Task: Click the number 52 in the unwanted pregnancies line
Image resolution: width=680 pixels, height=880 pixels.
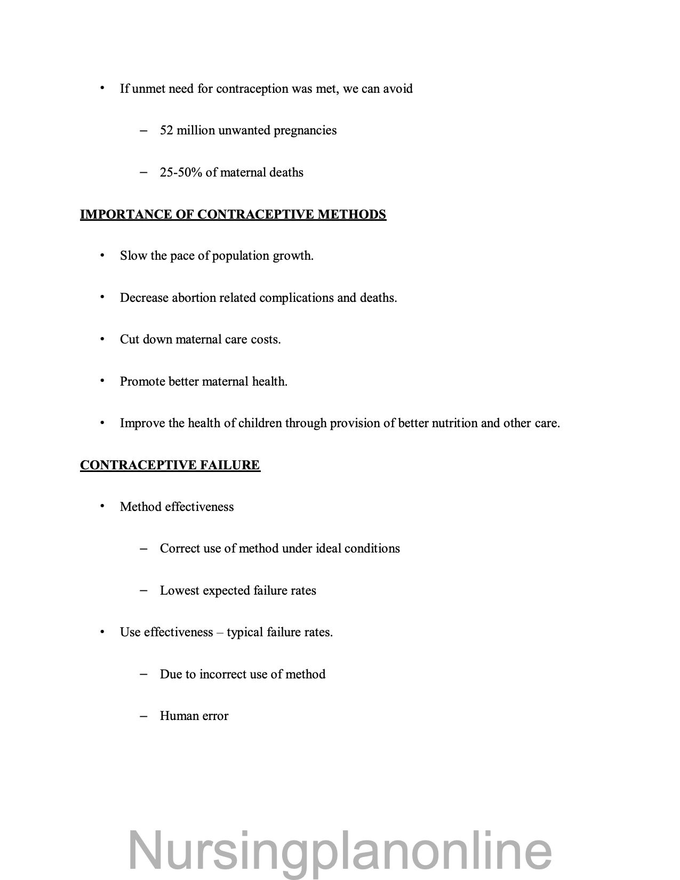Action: (x=166, y=131)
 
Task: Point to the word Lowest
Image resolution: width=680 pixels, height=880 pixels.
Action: (x=179, y=591)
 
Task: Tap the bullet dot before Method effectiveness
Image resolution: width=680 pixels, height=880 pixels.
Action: (x=102, y=506)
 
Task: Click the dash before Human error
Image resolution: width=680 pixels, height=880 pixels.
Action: (x=143, y=716)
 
